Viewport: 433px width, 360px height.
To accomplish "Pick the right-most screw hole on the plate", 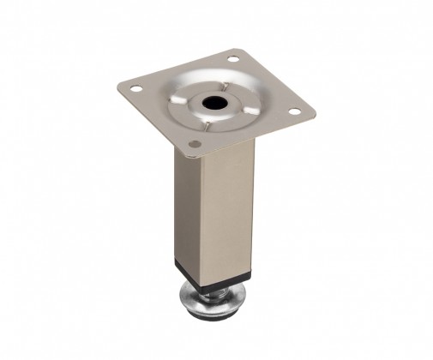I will tap(294, 111).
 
